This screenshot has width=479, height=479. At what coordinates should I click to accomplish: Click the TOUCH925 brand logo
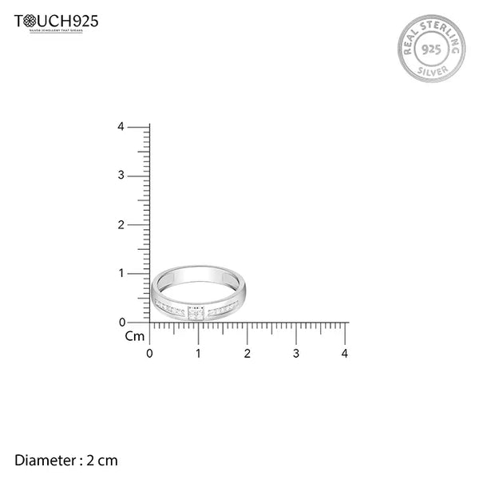[x=57, y=22]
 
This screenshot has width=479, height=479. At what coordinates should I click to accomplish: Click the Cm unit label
[x=134, y=336]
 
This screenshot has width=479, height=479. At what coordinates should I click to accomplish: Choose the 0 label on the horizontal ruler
[x=150, y=353]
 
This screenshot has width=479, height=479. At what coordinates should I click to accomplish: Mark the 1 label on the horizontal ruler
[x=199, y=353]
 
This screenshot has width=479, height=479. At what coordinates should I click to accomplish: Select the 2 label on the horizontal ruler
[x=247, y=353]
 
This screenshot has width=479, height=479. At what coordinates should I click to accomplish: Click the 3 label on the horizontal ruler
[x=296, y=353]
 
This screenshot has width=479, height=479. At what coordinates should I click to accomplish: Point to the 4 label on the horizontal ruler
[x=345, y=353]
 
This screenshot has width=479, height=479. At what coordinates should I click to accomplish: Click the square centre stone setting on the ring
[x=196, y=311]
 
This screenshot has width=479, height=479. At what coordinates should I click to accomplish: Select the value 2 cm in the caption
[x=102, y=460]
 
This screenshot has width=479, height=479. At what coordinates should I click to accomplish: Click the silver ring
[x=202, y=293]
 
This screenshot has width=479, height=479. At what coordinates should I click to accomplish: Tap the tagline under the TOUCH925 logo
[x=57, y=31]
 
